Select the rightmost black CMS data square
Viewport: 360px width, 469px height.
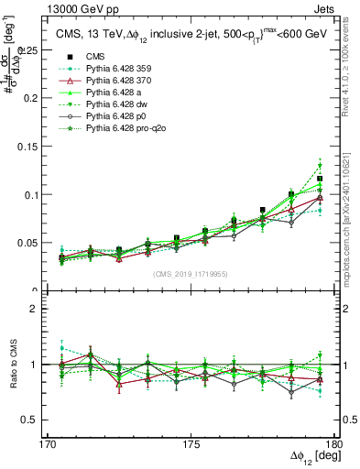point(320,179)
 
